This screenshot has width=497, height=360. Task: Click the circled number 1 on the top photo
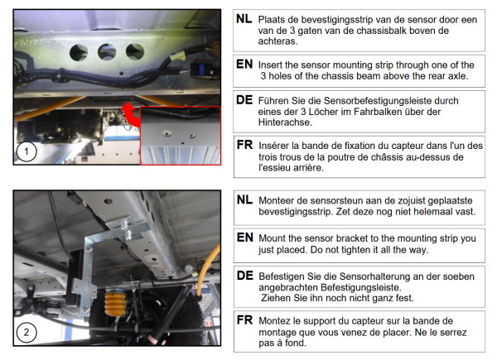[x=27, y=151]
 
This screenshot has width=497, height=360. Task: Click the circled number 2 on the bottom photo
[x=27, y=332]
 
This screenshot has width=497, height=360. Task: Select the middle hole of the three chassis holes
[x=107, y=52]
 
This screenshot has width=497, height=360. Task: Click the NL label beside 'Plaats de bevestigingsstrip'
[x=244, y=19]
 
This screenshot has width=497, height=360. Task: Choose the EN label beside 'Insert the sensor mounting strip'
[x=244, y=65]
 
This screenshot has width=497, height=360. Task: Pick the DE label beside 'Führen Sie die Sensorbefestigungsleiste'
[x=244, y=100]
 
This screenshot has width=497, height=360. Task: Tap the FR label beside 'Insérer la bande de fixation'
[x=244, y=145]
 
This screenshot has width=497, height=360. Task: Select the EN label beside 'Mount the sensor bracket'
[x=245, y=238]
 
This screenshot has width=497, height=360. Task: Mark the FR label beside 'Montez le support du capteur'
[x=245, y=320]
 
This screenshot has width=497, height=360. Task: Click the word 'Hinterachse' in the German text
[x=284, y=122]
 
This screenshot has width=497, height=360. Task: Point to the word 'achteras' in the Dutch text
[x=277, y=41]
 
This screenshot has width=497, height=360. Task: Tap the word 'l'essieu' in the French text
[x=275, y=167]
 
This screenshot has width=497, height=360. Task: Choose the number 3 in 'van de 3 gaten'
[x=292, y=31]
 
